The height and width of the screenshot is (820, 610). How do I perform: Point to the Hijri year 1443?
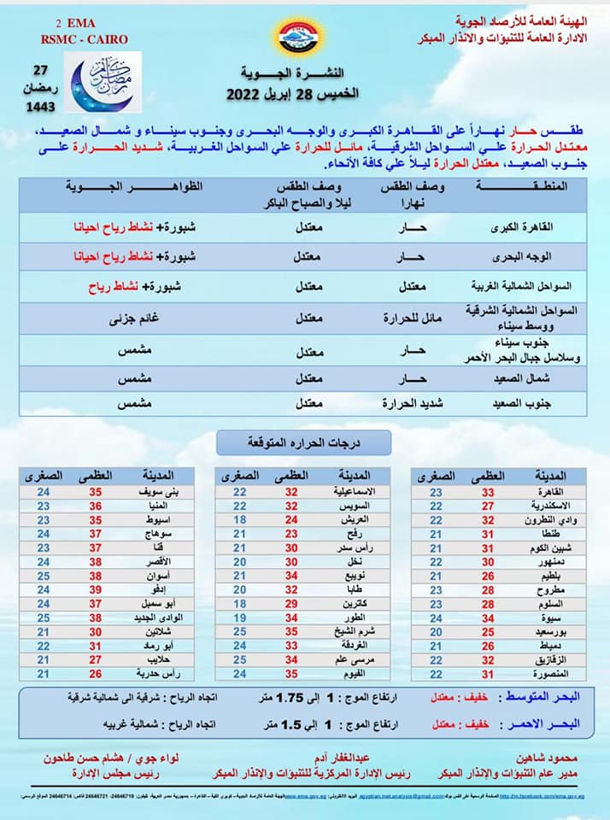coord(40,107)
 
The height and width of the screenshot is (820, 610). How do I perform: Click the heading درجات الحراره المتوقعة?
coord(303,442)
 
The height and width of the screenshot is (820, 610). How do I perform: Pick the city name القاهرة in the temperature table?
coord(548,492)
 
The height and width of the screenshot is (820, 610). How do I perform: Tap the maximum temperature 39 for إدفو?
coord(97,589)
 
